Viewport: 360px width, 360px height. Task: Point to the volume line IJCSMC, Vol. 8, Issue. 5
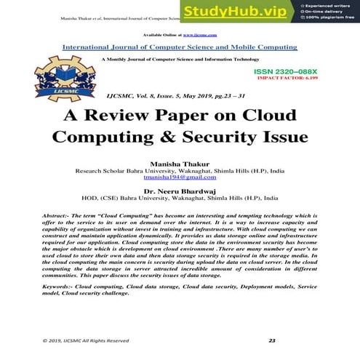tap(179, 96)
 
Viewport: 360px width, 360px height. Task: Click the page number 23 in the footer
tap(272, 340)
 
